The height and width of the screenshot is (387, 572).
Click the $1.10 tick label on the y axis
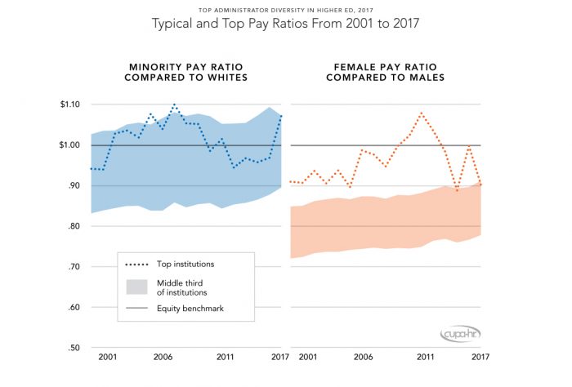[70, 105]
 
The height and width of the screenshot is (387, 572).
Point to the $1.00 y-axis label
[70, 145]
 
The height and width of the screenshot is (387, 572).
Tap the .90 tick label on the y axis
[74, 186]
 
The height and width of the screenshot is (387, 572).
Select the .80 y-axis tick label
[74, 226]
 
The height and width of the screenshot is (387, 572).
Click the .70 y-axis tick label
[74, 267]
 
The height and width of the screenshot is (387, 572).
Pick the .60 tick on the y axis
[74, 308]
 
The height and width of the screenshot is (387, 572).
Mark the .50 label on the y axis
[74, 349]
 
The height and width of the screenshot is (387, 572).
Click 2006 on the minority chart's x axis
[163, 358]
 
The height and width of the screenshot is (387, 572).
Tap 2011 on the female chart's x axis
[423, 358]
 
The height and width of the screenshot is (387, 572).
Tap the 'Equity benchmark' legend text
[191, 309]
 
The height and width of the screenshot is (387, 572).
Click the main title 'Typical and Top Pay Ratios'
[286, 24]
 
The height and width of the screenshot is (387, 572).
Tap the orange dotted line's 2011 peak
[422, 113]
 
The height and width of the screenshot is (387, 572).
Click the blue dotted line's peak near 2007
[174, 105]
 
